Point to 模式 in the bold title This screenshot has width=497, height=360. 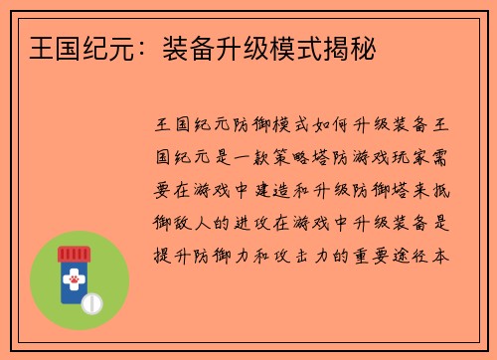pyautogui.click(x=295, y=45)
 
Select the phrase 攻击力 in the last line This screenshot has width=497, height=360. pyautogui.click(x=298, y=256)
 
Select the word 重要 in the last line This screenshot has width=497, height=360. pyautogui.click(x=373, y=256)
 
